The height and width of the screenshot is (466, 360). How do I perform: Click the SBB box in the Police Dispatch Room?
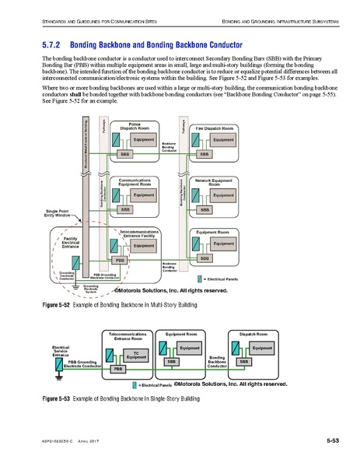point(125,155)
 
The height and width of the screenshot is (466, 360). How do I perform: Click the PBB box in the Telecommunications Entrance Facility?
point(120,260)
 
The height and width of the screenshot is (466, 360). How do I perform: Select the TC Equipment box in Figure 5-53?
point(136,355)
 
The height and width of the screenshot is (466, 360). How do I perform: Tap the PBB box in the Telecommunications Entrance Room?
point(118,369)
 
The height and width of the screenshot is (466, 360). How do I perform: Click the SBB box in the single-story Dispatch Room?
point(243,362)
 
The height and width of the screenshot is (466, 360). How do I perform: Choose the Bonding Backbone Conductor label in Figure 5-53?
point(217,363)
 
